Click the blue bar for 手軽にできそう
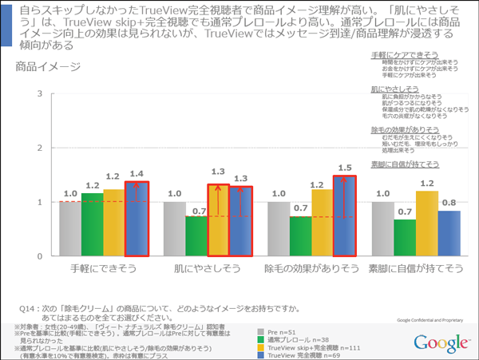tap(137, 218)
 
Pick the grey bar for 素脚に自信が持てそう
tap(382, 228)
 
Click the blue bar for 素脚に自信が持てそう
tap(449, 233)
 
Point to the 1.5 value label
tap(345, 168)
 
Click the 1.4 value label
tap(137, 173)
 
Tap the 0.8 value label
tap(449, 203)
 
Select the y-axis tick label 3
tap(39, 95)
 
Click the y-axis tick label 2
tap(39, 148)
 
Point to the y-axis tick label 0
tap(39, 256)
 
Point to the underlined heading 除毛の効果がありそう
tap(405, 129)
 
